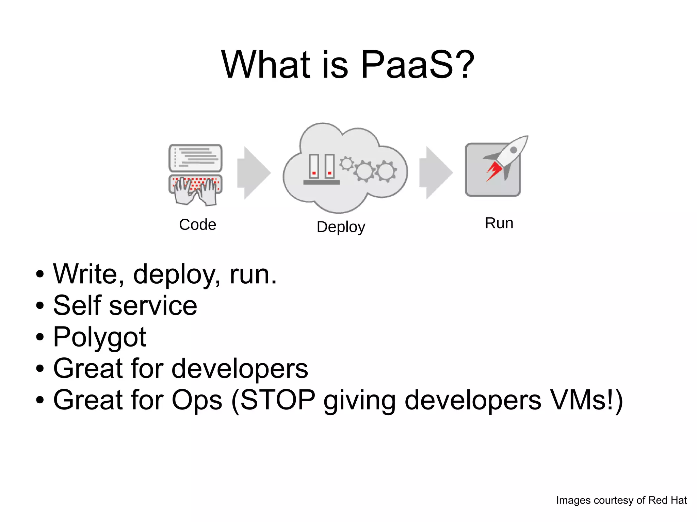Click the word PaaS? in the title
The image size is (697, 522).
[417, 65]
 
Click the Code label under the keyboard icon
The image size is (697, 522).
[197, 224]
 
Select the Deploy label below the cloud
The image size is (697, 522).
[341, 227]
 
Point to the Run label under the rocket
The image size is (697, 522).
[499, 223]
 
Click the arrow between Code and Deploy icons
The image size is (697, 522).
[254, 173]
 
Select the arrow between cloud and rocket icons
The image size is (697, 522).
[436, 173]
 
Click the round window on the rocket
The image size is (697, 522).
[514, 150]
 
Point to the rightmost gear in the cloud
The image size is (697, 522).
[386, 171]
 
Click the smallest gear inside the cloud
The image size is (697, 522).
[347, 164]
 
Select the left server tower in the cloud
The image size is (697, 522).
[314, 166]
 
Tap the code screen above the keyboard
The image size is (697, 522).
[195, 158]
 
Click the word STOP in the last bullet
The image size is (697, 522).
[278, 400]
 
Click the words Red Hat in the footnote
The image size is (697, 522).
[667, 500]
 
